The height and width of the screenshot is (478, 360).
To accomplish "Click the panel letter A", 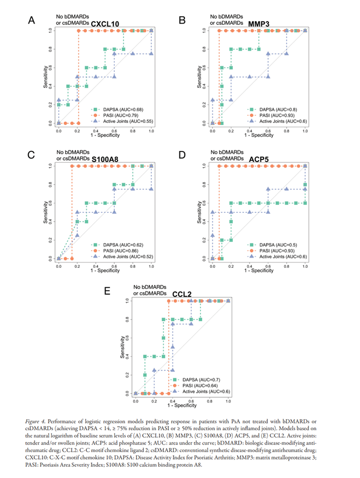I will point(32,21).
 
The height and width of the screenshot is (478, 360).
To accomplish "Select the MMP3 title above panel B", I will point(260,24).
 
